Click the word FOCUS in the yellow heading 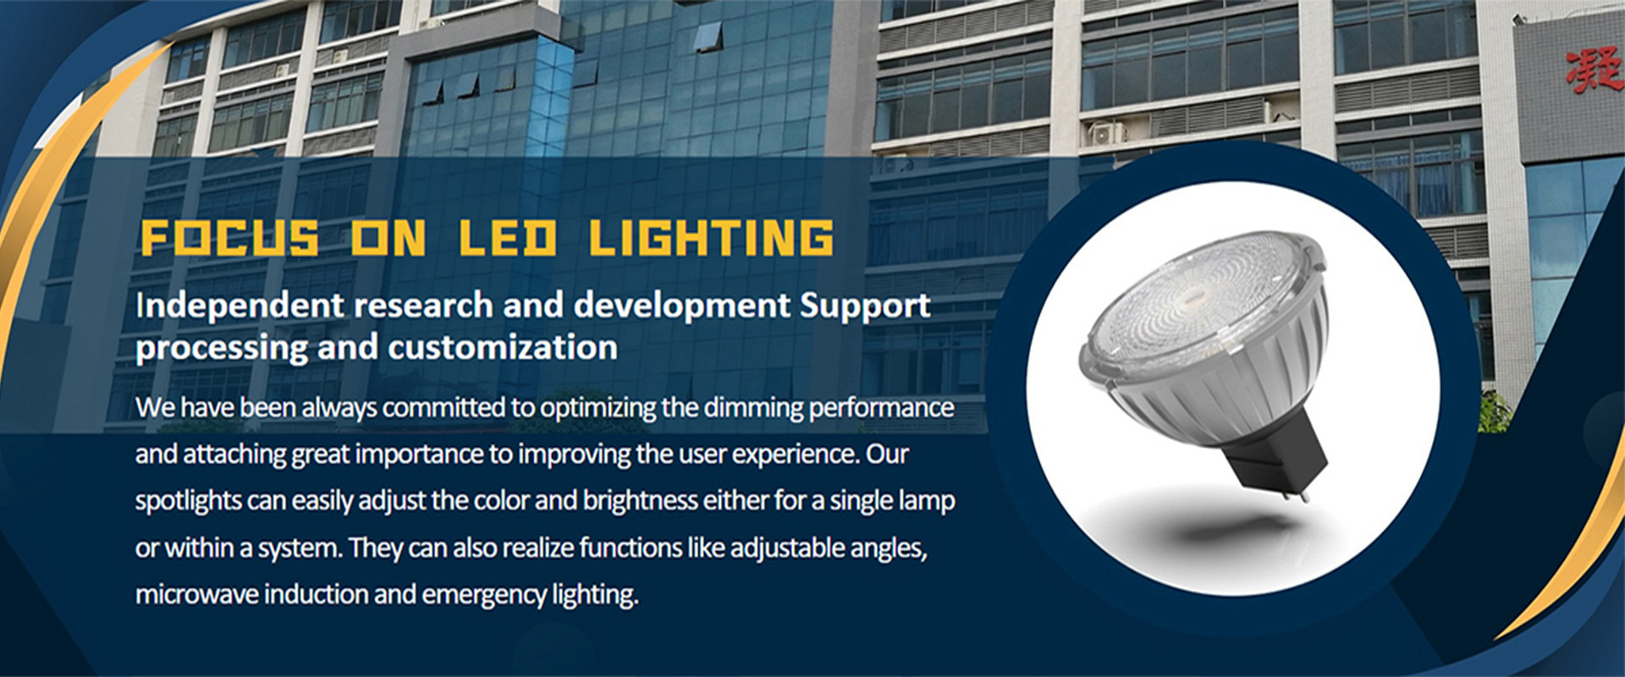[229, 238]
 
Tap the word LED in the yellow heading [508, 238]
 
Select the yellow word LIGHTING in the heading [711, 238]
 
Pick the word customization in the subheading [502, 348]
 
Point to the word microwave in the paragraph [197, 595]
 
